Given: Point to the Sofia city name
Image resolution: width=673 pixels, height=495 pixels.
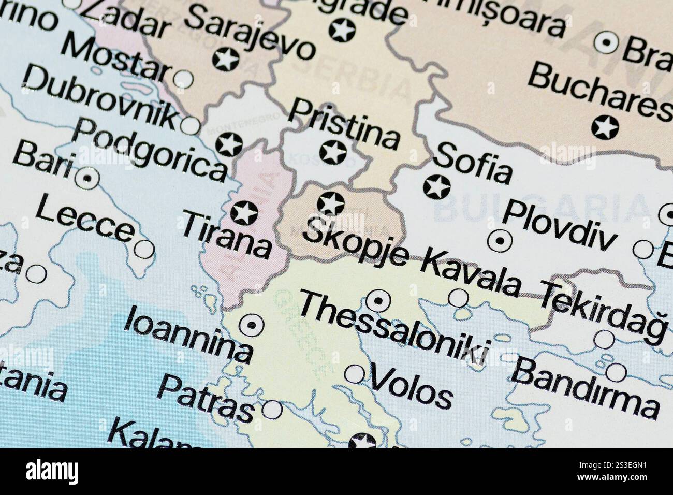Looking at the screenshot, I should [474, 163].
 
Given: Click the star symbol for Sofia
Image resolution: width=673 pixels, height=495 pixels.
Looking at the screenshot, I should [436, 187].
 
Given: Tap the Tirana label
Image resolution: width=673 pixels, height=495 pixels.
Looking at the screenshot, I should [227, 236].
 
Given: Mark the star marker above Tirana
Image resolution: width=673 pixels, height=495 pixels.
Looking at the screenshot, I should [244, 212].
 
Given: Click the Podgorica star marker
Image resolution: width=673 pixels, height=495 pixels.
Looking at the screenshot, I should [229, 143].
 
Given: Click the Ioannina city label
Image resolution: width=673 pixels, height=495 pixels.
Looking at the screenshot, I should [188, 333].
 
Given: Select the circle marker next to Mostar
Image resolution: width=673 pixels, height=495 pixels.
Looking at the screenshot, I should [182, 79].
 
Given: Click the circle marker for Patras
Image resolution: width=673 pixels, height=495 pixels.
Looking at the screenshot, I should [272, 410].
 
